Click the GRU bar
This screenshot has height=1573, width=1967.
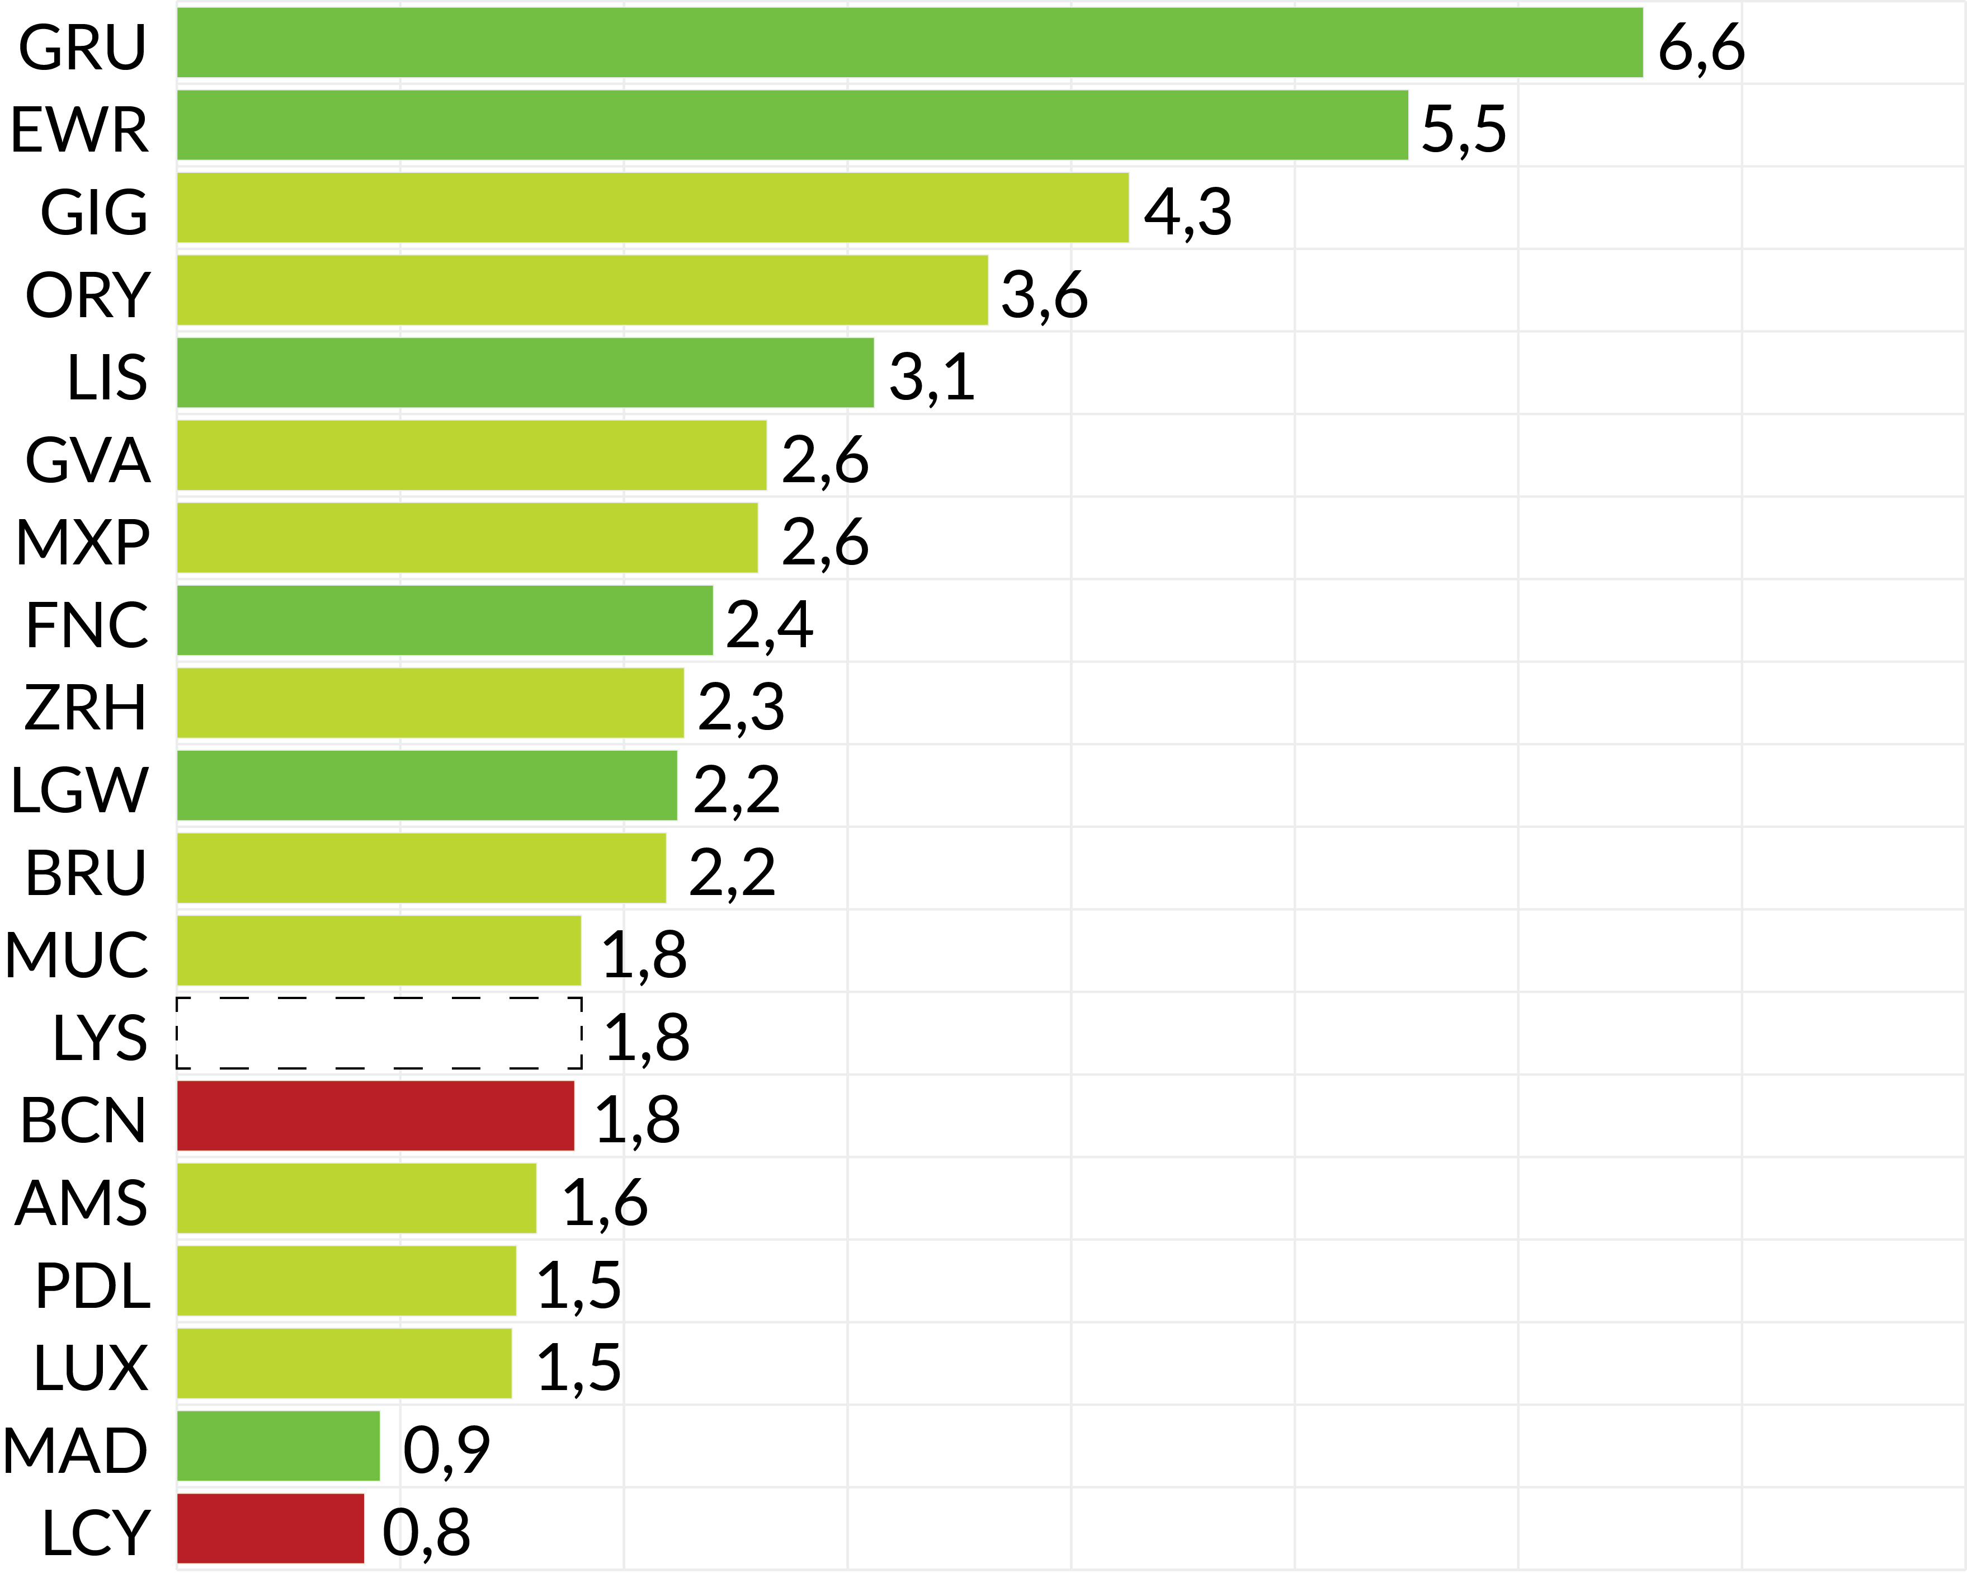click(909, 43)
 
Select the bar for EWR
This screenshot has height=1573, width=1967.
click(792, 125)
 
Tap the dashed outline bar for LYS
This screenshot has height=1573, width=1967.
click(379, 1033)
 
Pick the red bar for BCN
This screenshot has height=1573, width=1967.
click(375, 1116)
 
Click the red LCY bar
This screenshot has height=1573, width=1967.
click(270, 1528)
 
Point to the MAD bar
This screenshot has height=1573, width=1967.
click(279, 1446)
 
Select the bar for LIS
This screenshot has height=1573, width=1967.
click(525, 372)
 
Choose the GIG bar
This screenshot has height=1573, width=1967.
click(652, 208)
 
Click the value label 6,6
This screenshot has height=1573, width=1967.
click(1701, 48)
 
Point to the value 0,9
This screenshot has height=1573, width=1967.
click(446, 1450)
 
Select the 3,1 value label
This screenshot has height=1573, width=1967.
click(932, 378)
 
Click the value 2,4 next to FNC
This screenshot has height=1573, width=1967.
click(769, 625)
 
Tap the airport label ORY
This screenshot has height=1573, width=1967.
click(88, 295)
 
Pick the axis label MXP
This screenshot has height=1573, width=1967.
click(83, 543)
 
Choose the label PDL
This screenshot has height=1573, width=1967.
click(92, 1285)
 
